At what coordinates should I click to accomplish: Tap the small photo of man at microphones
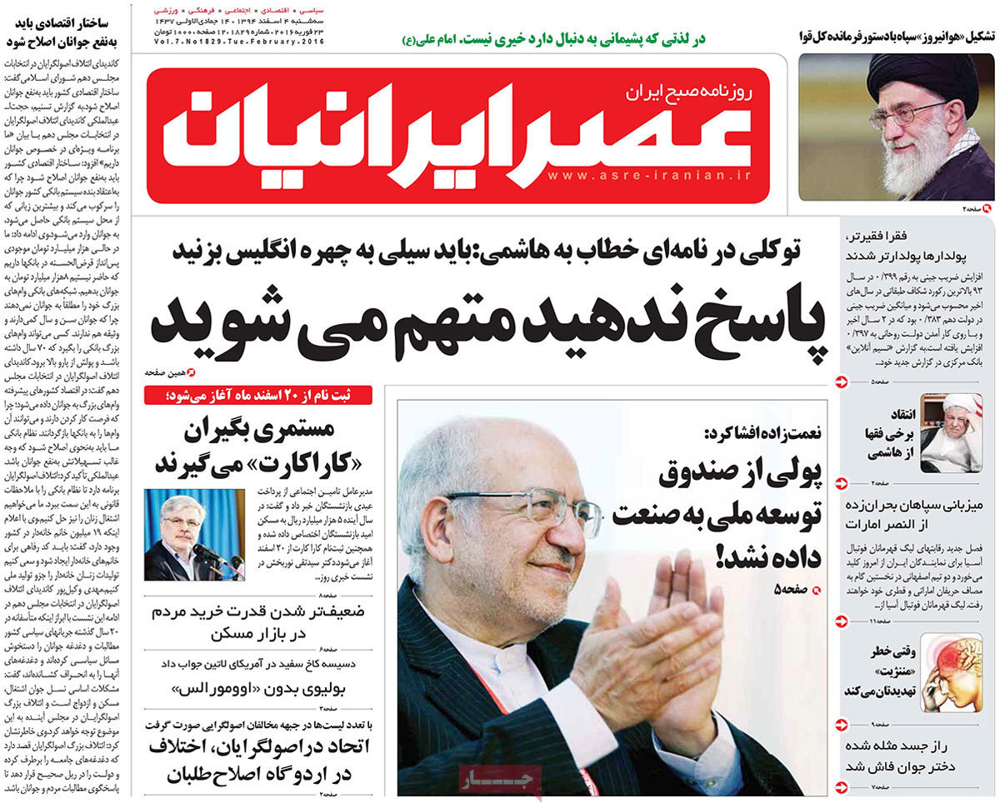click(x=193, y=534)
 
